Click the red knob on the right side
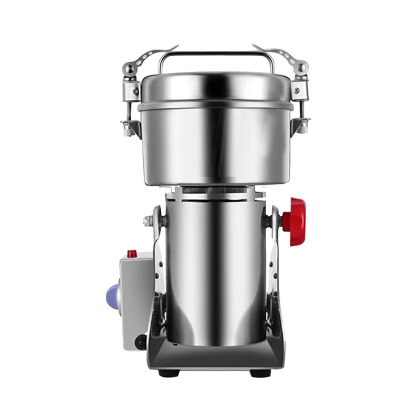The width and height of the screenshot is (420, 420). [x=294, y=222]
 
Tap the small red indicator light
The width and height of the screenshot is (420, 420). [x=132, y=254]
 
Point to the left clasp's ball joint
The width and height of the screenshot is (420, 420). [x=129, y=68]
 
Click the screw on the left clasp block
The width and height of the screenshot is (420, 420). [x=135, y=91]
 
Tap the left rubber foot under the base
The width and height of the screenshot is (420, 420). [x=169, y=373]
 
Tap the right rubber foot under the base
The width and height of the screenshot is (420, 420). [x=260, y=373]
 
